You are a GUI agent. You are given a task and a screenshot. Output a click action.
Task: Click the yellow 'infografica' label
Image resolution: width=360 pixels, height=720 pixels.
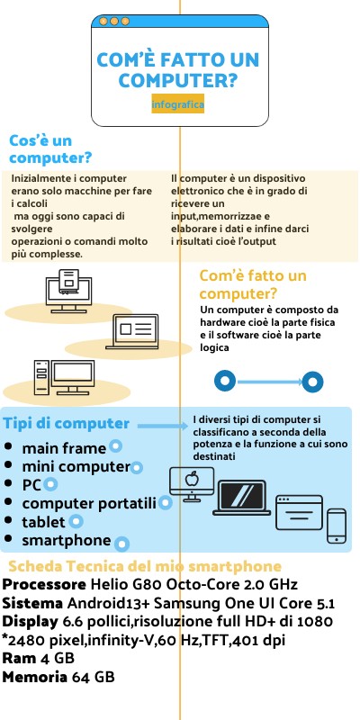[x=179, y=105]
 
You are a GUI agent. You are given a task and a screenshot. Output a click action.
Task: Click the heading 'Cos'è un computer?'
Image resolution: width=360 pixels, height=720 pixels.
[x=49, y=149]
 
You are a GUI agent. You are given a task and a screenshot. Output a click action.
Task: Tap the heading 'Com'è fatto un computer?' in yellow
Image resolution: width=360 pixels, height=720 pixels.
[x=253, y=284]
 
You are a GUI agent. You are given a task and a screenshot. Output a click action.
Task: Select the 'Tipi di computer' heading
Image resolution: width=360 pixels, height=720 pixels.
[x=67, y=424]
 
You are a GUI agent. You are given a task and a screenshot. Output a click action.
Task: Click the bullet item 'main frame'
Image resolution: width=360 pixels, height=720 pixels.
[x=64, y=447]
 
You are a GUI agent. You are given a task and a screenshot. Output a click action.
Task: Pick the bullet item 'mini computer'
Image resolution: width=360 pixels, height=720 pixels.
[x=76, y=466]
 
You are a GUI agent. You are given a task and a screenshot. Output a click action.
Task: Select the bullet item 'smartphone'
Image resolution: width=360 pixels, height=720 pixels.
[x=66, y=541]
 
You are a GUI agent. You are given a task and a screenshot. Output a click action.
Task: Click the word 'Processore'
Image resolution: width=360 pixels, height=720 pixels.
[x=43, y=585]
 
